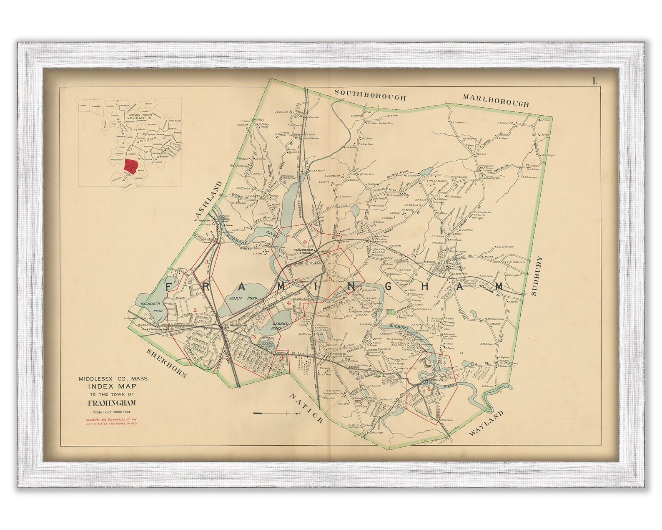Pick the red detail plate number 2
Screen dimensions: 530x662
click(195, 309)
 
